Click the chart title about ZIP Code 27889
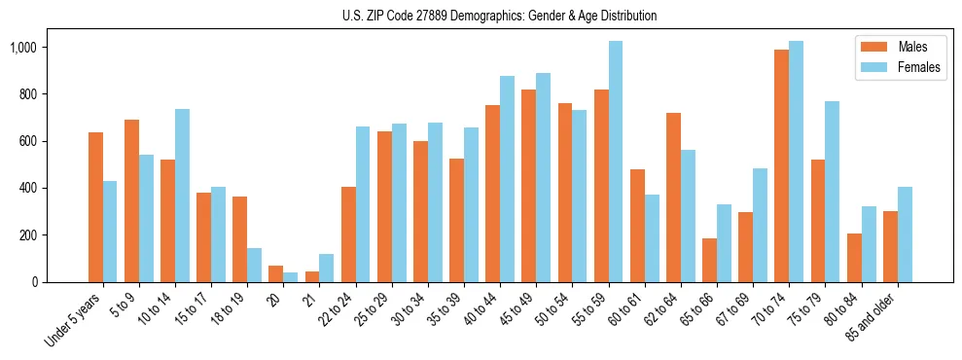500,16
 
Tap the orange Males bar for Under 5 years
95,207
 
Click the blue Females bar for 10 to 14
183,196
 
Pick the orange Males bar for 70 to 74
782,165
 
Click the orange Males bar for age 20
276,273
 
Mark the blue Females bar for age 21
327,268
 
